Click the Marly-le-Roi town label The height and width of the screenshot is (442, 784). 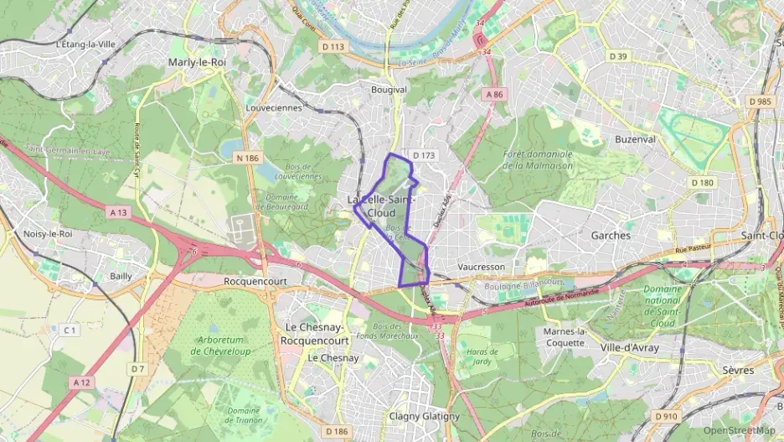pyautogui.click(x=197, y=62)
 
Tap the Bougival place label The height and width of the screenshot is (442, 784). pyautogui.click(x=389, y=89)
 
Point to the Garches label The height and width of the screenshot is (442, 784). pyautogui.click(x=611, y=236)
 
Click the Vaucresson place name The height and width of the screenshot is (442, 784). pyautogui.click(x=482, y=266)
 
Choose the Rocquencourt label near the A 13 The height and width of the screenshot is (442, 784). pyautogui.click(x=256, y=282)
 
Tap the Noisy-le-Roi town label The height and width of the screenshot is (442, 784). pyautogui.click(x=49, y=234)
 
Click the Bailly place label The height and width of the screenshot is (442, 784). pyautogui.click(x=121, y=275)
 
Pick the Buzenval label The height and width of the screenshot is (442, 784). pyautogui.click(x=635, y=139)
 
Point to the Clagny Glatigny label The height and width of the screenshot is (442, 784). pyautogui.click(x=424, y=416)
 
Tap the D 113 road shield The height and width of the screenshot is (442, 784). pyautogui.click(x=333, y=47)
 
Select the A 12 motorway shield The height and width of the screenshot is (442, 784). pyautogui.click(x=81, y=382)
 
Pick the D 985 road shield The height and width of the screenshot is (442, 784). pyautogui.click(x=761, y=101)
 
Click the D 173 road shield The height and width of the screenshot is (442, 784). pyautogui.click(x=424, y=155)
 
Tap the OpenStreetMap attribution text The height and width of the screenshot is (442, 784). pyautogui.click(x=739, y=430)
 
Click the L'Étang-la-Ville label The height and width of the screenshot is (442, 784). pyautogui.click(x=85, y=44)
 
